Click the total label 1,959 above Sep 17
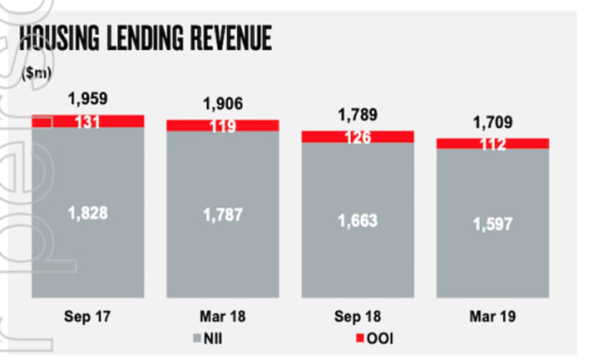pyautogui.click(x=88, y=99)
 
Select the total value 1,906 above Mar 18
pyautogui.click(x=223, y=104)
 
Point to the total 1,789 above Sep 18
pyautogui.click(x=358, y=115)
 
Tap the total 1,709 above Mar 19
pyautogui.click(x=493, y=123)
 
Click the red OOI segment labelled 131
pyautogui.click(x=88, y=121)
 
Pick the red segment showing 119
pyautogui.click(x=223, y=126)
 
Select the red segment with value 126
pyautogui.click(x=358, y=137)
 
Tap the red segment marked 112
pyautogui.click(x=493, y=144)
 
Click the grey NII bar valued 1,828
pyautogui.click(x=88, y=212)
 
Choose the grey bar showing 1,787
pyautogui.click(x=223, y=215)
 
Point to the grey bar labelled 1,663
pyautogui.click(x=358, y=220)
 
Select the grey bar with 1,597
pyautogui.click(x=493, y=224)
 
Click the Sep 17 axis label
pyautogui.click(x=87, y=317)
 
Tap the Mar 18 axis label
pyautogui.click(x=222, y=317)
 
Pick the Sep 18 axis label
pyautogui.click(x=357, y=317)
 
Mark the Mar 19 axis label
pyautogui.click(x=492, y=317)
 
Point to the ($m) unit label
pyautogui.click(x=36, y=73)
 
